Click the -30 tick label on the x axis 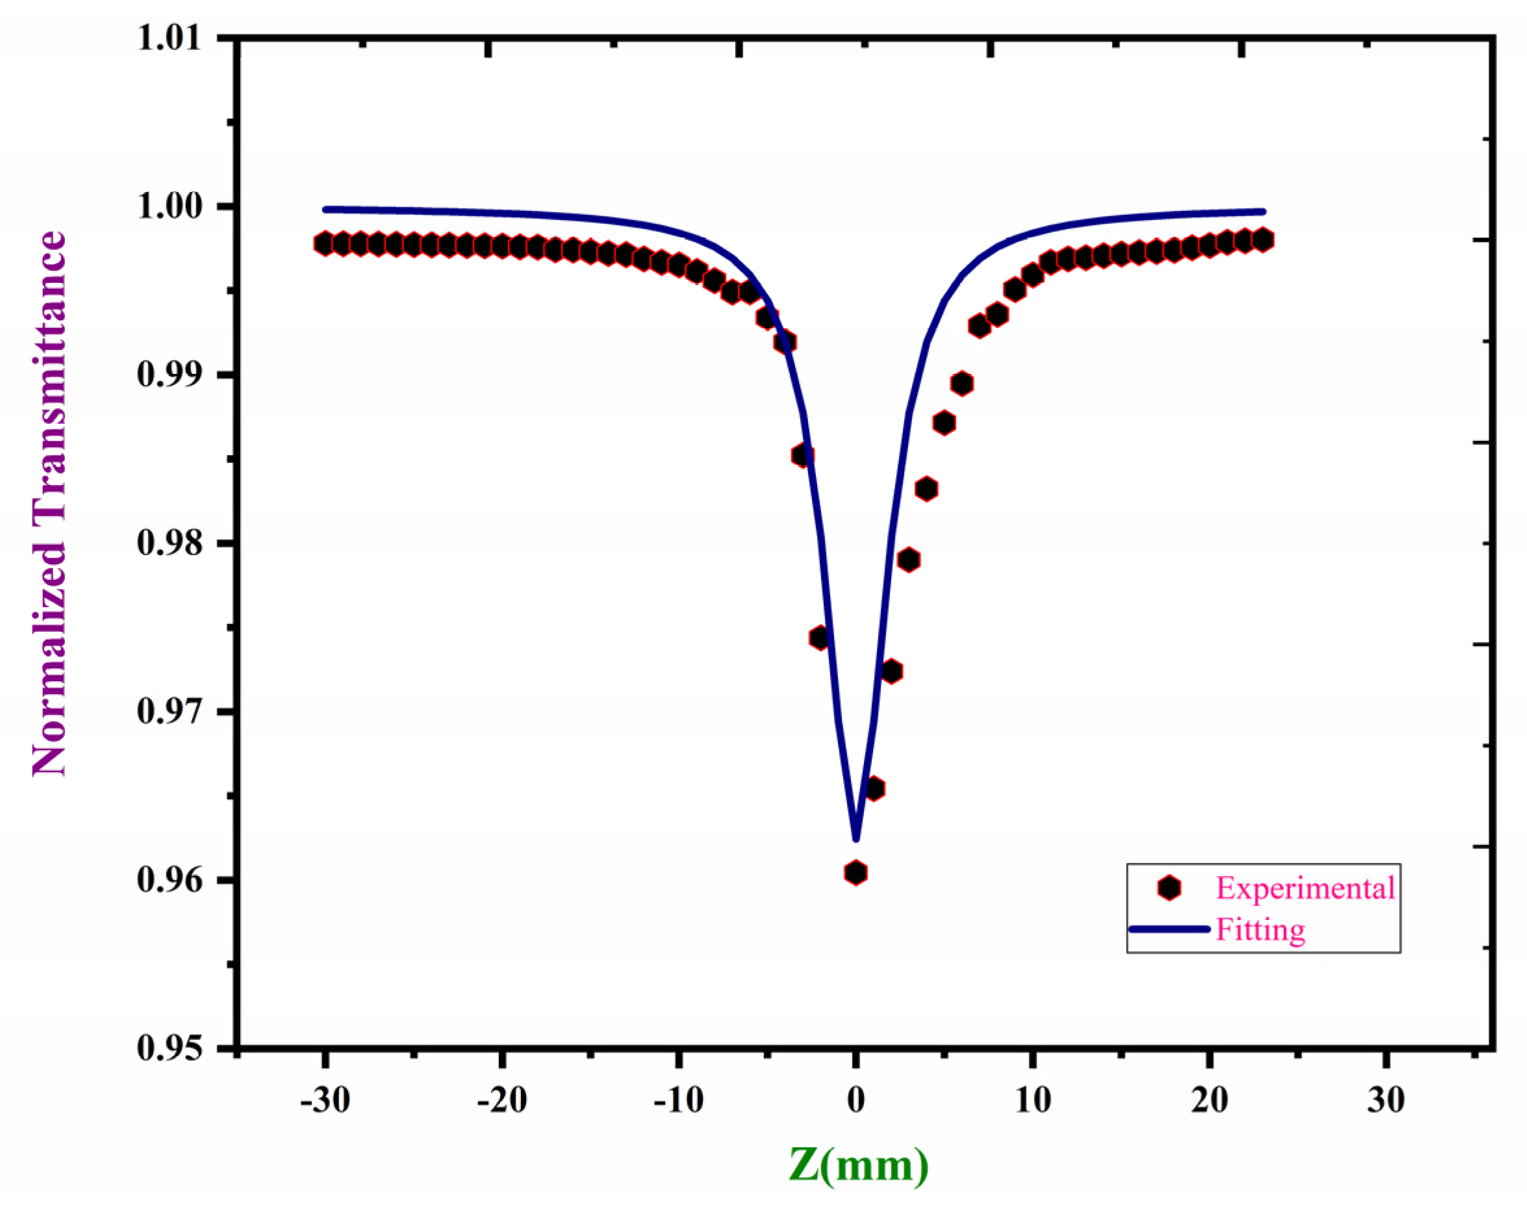(325, 1101)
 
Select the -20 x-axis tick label (502, 1101)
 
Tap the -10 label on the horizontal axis (678, 1101)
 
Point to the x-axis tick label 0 (856, 1101)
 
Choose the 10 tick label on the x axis (1033, 1101)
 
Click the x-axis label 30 (1386, 1101)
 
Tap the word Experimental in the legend (1306, 888)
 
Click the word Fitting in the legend (1260, 929)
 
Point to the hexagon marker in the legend (1170, 888)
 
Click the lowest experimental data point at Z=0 (856, 873)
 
